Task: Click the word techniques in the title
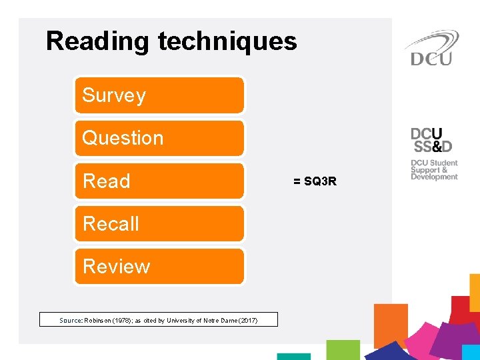(227, 41)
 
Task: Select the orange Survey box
(159, 95)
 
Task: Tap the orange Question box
(159, 138)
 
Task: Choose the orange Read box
(159, 181)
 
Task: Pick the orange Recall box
(159, 223)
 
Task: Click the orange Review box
(159, 266)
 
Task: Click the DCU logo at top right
(431, 48)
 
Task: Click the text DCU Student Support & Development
(434, 170)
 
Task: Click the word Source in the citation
(70, 321)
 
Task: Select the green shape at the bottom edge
(343, 349)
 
